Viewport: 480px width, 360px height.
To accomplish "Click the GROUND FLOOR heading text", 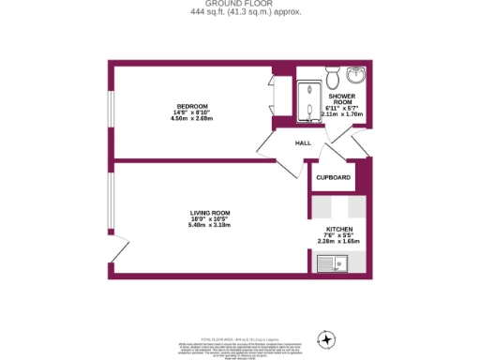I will coord(239,4).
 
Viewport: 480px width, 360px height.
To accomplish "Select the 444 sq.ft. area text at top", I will coord(239,12).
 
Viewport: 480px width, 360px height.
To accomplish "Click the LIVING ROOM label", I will coord(210,212).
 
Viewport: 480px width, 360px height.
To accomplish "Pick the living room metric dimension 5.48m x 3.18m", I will coord(210,225).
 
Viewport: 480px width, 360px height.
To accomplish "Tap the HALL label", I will coord(303,143).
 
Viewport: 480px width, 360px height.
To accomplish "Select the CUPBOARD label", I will coord(333,177).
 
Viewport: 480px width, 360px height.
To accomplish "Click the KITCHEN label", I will coord(338,229).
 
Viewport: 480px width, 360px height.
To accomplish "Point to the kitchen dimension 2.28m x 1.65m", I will coord(338,242).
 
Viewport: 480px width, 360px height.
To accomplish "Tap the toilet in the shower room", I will coord(326,75).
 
